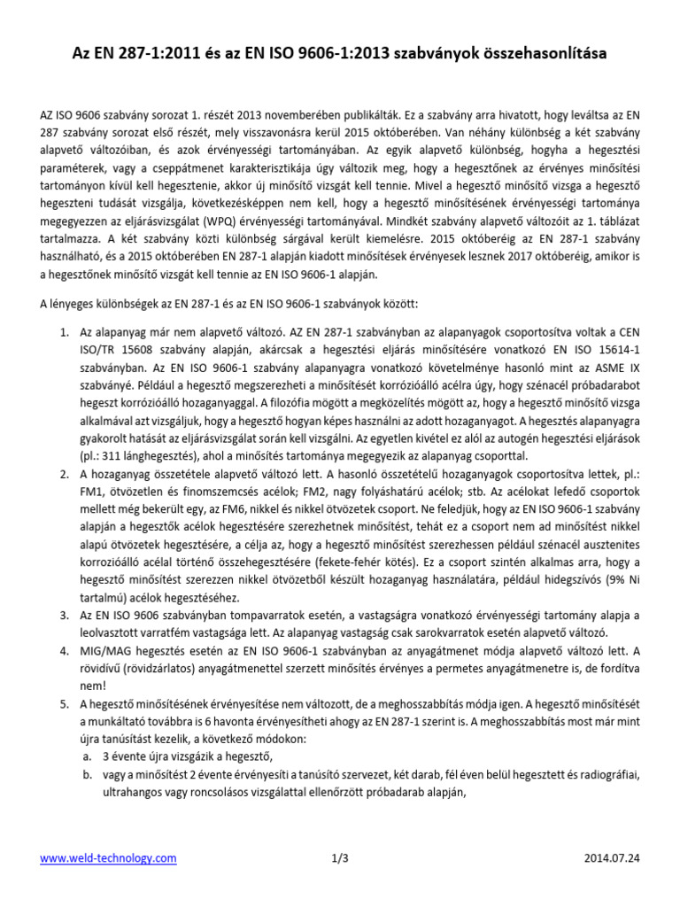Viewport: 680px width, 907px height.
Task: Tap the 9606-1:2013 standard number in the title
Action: tap(341, 54)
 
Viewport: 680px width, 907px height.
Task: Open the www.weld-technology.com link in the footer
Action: tap(108, 858)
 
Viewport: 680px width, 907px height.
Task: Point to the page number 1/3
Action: tap(340, 858)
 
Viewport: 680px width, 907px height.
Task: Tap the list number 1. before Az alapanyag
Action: tap(65, 331)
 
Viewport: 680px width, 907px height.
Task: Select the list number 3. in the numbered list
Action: tap(65, 614)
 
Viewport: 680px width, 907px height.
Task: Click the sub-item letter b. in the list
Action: tap(86, 774)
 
